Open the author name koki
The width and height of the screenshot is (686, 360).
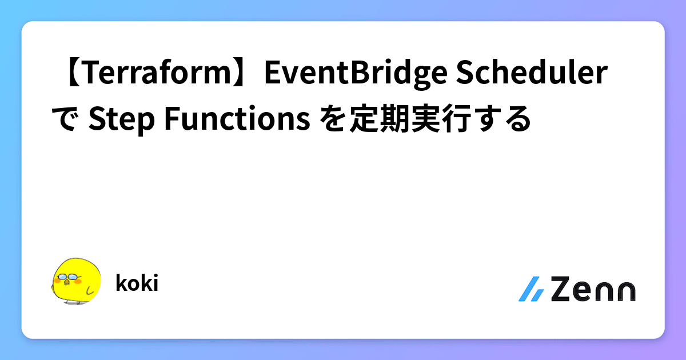136,283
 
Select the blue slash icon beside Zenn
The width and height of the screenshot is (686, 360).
531,290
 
